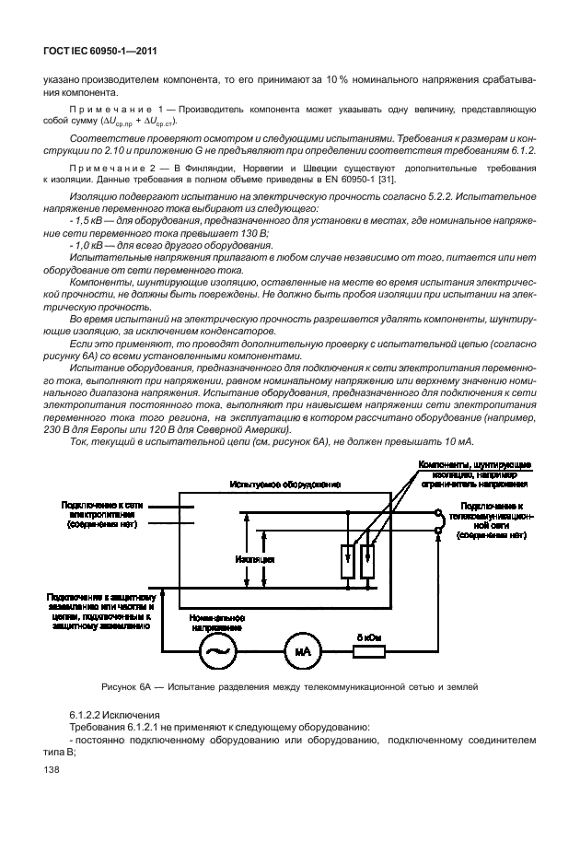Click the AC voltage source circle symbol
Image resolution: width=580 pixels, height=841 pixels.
221,651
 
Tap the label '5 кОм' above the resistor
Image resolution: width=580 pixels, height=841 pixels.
367,636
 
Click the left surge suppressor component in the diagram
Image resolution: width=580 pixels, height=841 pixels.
348,563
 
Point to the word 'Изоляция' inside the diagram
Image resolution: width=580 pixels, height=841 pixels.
254,559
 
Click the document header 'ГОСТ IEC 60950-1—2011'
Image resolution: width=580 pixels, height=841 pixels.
85,52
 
